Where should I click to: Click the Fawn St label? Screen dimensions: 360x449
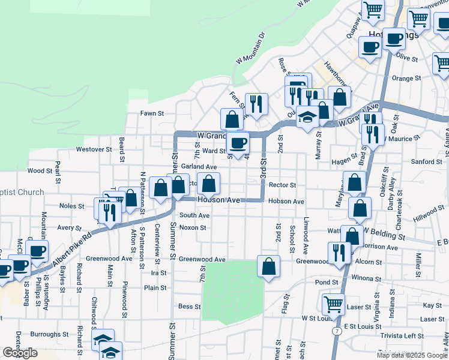point(152,113)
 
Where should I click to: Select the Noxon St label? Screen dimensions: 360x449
point(193,228)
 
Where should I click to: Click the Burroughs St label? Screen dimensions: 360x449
point(49,334)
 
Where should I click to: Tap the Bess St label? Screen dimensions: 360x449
point(189,307)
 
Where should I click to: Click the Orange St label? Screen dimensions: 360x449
point(406,78)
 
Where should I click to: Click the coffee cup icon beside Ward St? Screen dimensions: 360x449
point(238,143)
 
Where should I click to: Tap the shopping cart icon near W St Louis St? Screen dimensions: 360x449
point(333,304)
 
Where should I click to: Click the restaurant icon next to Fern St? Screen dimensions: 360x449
point(256,104)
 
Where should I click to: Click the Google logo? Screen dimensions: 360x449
point(20,353)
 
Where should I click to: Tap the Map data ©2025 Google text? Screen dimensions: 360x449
point(412,355)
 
